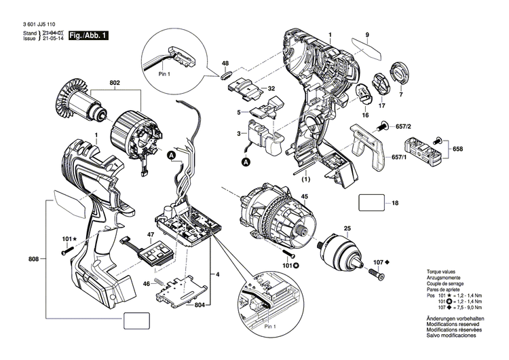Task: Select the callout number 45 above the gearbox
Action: [305, 197]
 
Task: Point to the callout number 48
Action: [225, 64]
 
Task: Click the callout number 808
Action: [33, 259]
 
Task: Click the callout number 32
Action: [270, 89]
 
